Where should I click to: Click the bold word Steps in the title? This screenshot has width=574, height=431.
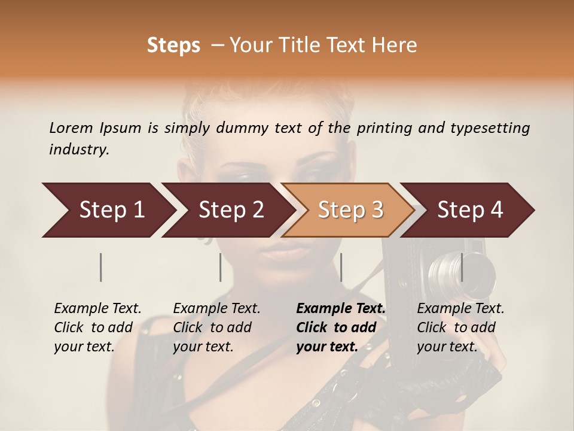click(x=173, y=45)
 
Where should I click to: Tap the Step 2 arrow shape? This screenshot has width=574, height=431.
click(x=227, y=210)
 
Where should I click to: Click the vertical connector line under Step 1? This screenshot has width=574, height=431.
click(x=101, y=267)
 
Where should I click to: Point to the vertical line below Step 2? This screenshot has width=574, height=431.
click(x=221, y=267)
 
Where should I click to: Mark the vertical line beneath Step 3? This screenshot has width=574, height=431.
click(x=341, y=267)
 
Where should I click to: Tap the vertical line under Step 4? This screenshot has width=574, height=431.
click(x=462, y=267)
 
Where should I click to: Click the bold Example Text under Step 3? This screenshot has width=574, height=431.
click(x=341, y=327)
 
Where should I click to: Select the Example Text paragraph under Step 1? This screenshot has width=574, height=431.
click(x=97, y=327)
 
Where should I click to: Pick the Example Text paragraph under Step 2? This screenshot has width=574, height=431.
click(x=216, y=327)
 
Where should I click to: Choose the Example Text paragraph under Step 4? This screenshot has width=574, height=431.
click(x=460, y=327)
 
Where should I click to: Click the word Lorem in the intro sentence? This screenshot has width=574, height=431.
click(x=71, y=128)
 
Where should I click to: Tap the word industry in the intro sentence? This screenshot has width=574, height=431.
click(x=79, y=150)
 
